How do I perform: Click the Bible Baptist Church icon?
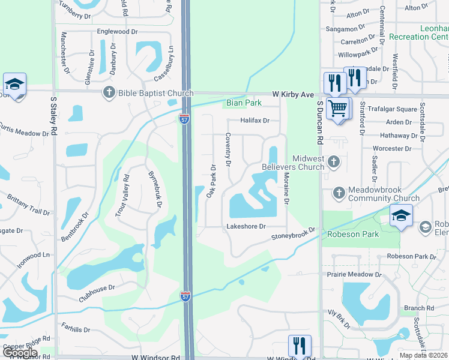(109, 92)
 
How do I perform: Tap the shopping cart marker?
(337, 109)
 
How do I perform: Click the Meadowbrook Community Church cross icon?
(339, 193)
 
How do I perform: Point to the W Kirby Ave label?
(293, 95)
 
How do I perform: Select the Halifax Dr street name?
(255, 121)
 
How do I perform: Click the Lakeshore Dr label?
(246, 226)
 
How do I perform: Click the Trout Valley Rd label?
(122, 195)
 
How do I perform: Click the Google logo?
(20, 353)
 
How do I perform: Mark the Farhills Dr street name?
(76, 329)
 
